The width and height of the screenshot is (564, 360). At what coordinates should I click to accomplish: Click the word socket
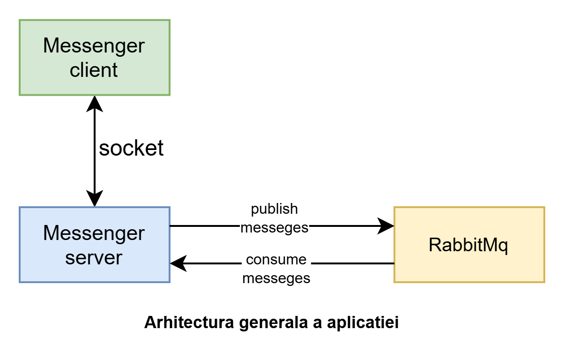(131, 148)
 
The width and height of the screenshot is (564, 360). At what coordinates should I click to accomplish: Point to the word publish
(275, 209)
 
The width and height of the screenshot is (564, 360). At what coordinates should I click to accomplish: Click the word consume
(276, 259)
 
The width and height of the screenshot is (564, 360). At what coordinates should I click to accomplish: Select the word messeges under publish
(275, 227)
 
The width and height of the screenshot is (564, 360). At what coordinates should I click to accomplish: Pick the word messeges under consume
(276, 278)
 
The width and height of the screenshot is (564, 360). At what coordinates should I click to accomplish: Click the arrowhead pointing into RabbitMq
(386, 226)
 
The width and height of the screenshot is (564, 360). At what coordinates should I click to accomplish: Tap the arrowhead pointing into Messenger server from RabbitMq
(178, 263)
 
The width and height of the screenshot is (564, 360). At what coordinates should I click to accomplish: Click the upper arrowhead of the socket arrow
(95, 104)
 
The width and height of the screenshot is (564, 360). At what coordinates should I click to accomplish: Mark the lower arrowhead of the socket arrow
(95, 199)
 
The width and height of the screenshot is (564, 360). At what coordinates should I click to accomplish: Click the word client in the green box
(94, 70)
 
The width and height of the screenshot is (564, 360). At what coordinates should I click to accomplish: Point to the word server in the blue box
(94, 257)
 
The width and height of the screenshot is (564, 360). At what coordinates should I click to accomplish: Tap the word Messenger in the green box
(94, 46)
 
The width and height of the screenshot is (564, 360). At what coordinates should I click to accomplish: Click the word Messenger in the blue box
(94, 233)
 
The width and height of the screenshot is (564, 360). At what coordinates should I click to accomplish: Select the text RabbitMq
(468, 245)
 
